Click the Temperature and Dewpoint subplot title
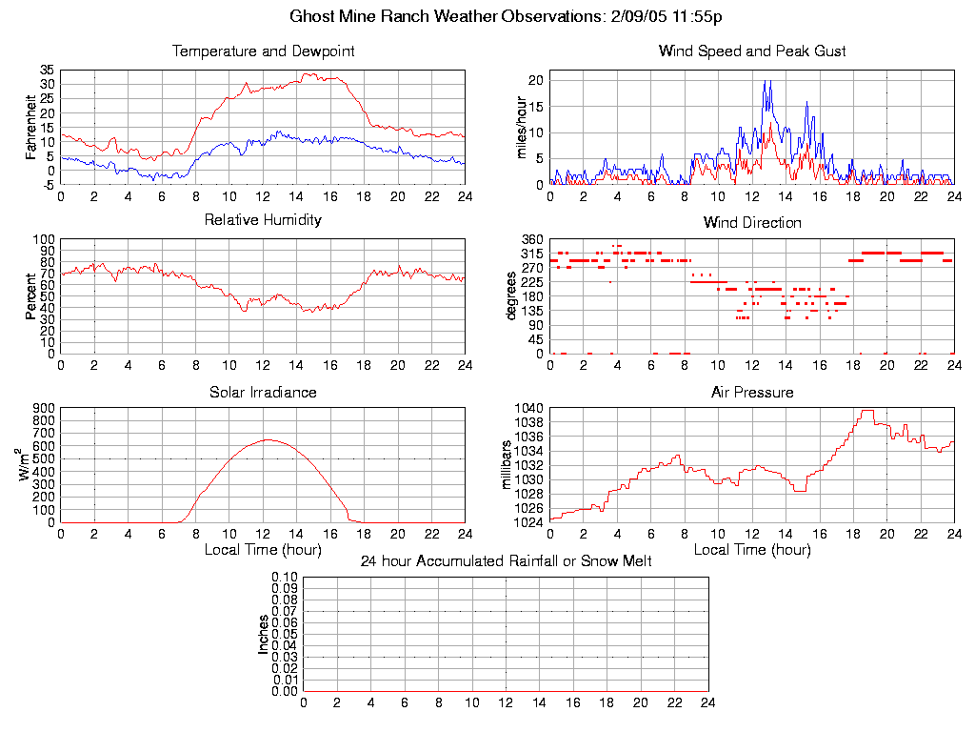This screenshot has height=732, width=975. (x=263, y=51)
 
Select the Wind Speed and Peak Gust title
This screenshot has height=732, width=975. (x=752, y=51)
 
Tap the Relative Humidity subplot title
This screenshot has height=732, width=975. (x=263, y=220)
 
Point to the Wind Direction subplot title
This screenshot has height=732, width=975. (x=752, y=223)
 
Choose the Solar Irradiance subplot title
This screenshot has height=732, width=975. (x=263, y=392)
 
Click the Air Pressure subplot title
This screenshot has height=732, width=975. (x=752, y=392)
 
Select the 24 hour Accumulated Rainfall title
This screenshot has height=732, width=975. (x=506, y=561)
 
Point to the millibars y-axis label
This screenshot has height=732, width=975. (x=507, y=465)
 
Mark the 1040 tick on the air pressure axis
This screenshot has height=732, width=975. (x=530, y=408)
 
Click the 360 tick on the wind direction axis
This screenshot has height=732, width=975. (x=532, y=239)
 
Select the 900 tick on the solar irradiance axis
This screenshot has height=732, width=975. (x=43, y=408)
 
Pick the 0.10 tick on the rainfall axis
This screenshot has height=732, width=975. (x=285, y=577)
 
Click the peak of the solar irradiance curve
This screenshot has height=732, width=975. (x=268, y=439)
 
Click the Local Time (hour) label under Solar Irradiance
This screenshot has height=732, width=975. (x=263, y=549)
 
